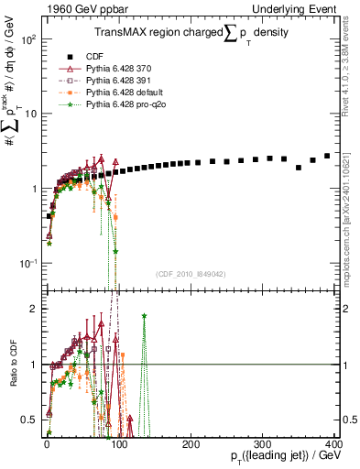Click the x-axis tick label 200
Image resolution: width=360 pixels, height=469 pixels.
[x=191, y=444]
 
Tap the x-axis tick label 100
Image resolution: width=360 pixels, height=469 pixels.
[x=118, y=444]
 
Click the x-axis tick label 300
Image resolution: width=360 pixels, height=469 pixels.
[x=263, y=444]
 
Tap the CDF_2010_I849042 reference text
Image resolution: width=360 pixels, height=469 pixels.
[x=191, y=274]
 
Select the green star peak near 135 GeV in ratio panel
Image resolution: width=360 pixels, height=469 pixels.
[x=144, y=315]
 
